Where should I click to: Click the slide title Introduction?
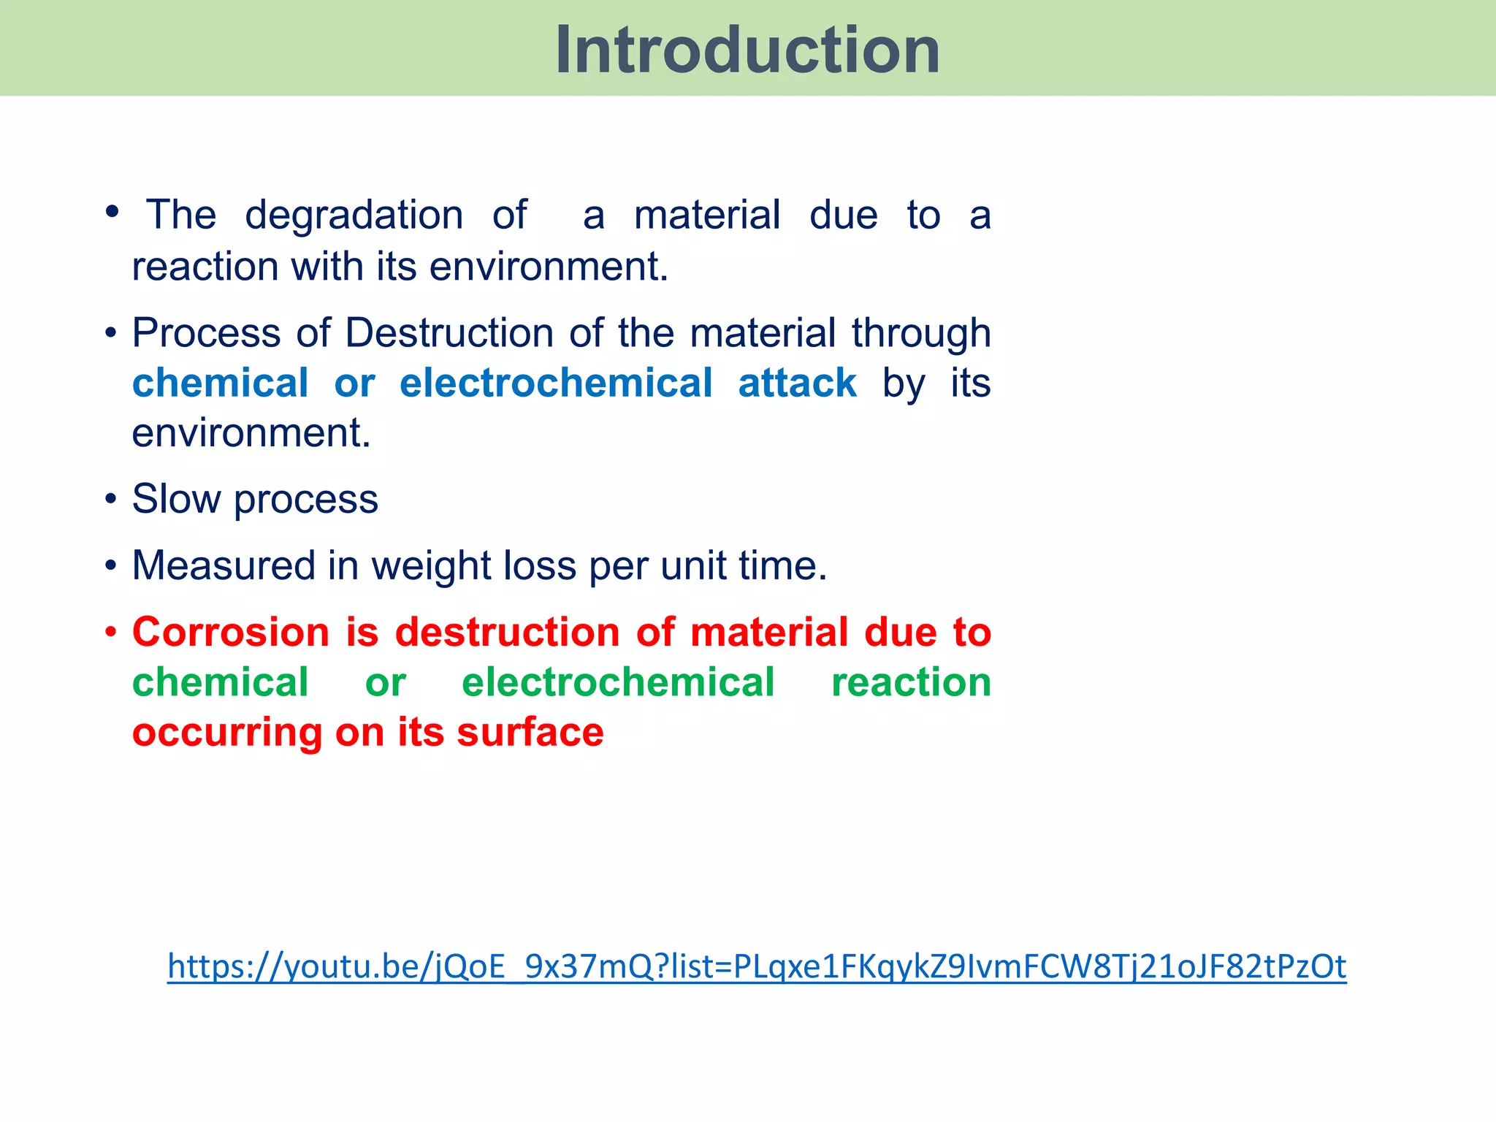(x=747, y=50)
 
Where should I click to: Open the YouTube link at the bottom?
(x=756, y=966)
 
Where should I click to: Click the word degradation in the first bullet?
(x=354, y=215)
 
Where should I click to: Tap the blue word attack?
(x=797, y=383)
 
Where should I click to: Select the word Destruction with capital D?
(x=449, y=333)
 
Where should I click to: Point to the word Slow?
(x=176, y=499)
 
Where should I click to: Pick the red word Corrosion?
(x=231, y=632)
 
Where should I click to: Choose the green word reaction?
(x=911, y=682)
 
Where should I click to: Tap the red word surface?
(x=530, y=733)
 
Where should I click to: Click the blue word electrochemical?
(x=556, y=383)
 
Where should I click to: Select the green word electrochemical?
(x=618, y=682)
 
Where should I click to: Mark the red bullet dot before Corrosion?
(x=111, y=632)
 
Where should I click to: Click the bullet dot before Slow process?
(x=111, y=500)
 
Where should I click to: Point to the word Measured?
(x=223, y=566)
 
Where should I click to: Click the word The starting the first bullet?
(x=181, y=215)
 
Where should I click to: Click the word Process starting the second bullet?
(x=206, y=333)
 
